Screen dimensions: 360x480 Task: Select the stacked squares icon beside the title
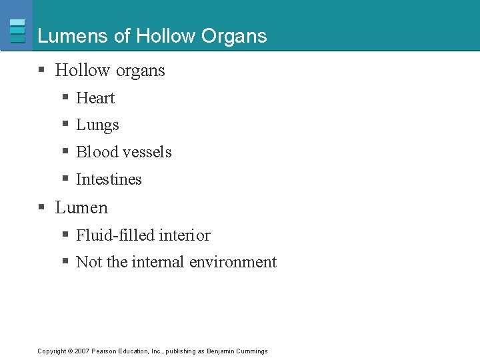point(18,31)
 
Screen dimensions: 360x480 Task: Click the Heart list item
point(95,98)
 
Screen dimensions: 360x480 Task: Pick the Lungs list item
point(97,125)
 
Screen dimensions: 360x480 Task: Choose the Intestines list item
point(109,179)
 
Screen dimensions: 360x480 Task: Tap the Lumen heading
point(81,207)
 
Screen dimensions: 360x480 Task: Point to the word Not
point(89,262)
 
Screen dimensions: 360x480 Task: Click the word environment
point(233,262)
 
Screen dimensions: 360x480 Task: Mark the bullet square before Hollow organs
point(41,71)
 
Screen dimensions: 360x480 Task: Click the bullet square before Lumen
point(41,208)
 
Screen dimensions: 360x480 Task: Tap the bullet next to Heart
point(65,98)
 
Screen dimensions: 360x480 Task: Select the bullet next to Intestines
point(65,179)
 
